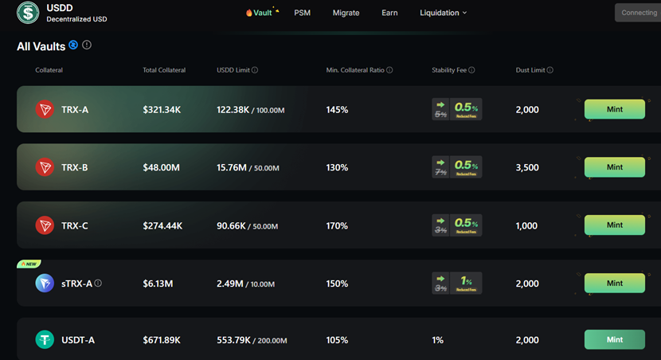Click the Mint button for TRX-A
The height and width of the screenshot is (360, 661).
tap(614, 109)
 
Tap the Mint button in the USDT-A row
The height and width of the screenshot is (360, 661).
tap(614, 339)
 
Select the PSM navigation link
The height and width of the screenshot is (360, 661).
tap(302, 13)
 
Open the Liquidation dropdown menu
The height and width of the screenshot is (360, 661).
tap(443, 13)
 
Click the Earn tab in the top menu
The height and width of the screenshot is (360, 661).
tap(389, 13)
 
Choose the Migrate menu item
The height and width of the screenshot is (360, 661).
tap(346, 13)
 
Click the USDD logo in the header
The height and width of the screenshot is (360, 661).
tap(28, 13)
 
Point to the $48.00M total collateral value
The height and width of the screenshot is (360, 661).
tap(162, 167)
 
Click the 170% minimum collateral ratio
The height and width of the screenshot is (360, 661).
tap(337, 225)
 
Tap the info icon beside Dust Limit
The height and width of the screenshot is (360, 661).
tap(550, 70)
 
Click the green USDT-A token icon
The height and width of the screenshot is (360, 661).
tap(45, 340)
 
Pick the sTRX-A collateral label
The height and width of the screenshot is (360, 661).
tap(76, 283)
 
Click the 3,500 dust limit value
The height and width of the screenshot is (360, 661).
tap(527, 167)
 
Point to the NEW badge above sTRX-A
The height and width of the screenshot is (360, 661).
tap(29, 264)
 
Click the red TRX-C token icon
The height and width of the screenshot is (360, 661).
tap(45, 225)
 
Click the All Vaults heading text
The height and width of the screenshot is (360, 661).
tap(41, 46)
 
